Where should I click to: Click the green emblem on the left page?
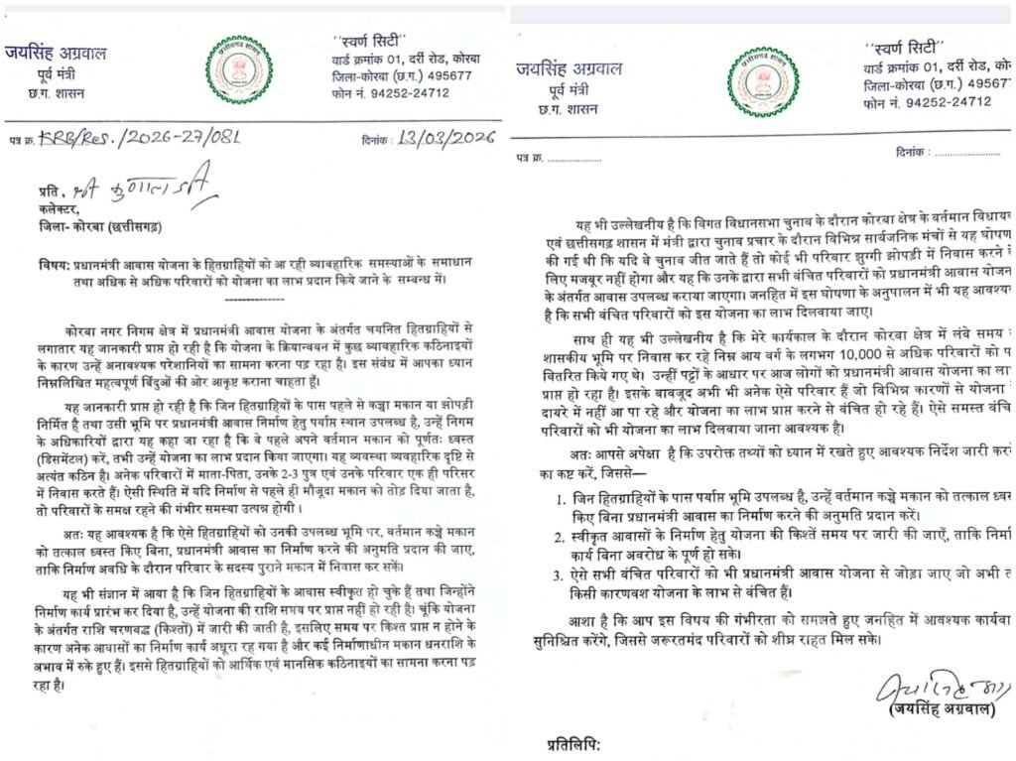[x=239, y=69]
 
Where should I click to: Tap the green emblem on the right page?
[x=761, y=81]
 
